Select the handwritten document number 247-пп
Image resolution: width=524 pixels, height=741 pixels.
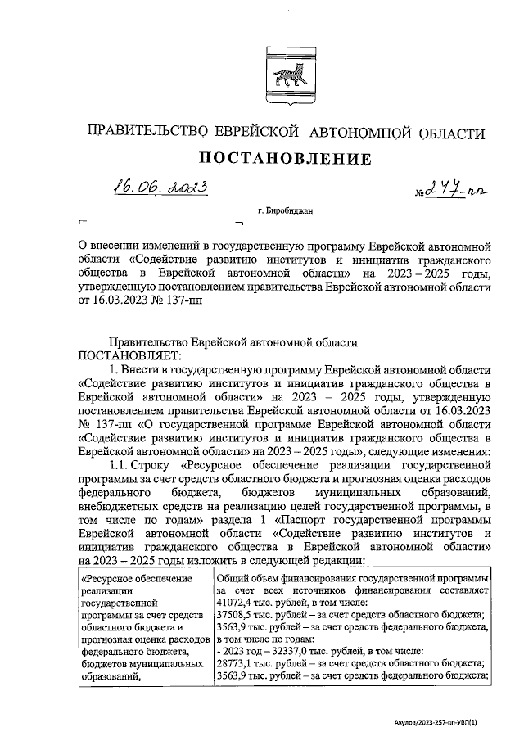tap(455, 191)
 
